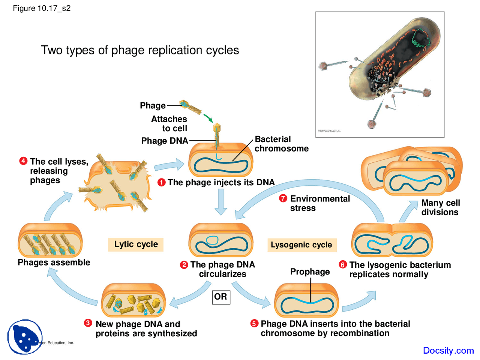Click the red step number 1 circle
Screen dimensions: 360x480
click(161, 183)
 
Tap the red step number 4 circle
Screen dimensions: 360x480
click(23, 161)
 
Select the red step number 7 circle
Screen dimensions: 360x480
click(283, 198)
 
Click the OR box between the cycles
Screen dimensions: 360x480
click(221, 297)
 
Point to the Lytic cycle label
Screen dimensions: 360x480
click(136, 244)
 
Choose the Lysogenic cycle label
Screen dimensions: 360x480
click(301, 245)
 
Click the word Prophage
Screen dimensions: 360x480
click(310, 271)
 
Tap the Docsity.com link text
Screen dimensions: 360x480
click(448, 350)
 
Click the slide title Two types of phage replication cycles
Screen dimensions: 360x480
click(140, 50)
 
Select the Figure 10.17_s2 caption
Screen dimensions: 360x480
click(42, 8)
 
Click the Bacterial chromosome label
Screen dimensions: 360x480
click(281, 144)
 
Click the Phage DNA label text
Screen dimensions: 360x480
click(164, 141)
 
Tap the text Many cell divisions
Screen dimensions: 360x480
click(440, 207)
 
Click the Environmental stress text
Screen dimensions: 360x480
click(319, 203)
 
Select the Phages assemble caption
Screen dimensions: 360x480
click(54, 262)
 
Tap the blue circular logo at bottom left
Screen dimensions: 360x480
click(25, 336)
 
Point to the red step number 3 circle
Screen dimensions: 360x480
click(88, 323)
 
